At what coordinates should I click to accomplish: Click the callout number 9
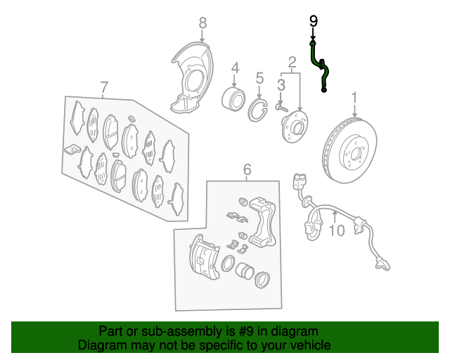click(313, 21)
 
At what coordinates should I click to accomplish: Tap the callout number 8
click(202, 22)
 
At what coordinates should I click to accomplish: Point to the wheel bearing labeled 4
click(233, 99)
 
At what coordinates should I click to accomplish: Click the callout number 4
click(235, 68)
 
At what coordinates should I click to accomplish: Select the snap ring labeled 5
click(258, 110)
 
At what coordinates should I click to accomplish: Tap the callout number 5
click(259, 78)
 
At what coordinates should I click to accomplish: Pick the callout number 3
click(281, 85)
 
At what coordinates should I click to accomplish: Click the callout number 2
click(292, 62)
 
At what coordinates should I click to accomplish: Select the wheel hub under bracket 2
click(295, 127)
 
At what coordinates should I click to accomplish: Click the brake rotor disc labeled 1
click(349, 150)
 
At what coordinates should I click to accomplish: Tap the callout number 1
click(354, 98)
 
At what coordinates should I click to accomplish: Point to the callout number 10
click(337, 230)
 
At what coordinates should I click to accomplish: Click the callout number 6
click(247, 169)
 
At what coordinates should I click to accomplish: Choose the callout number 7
click(104, 87)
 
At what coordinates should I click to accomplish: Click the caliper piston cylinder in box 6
click(244, 271)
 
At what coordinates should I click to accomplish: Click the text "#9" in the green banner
click(246, 332)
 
